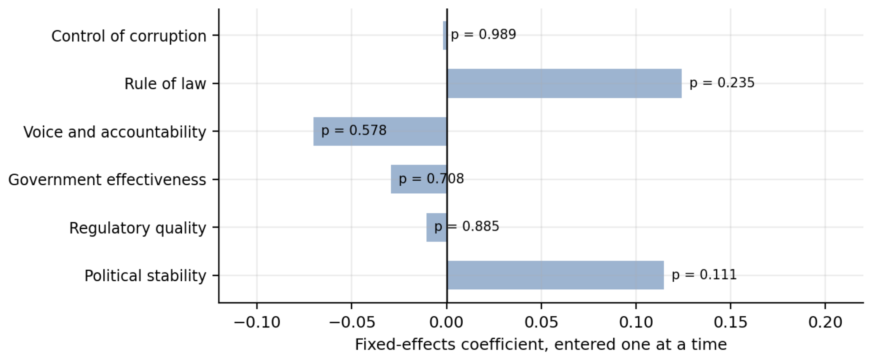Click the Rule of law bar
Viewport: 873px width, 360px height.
[x=564, y=83]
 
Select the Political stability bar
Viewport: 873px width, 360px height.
[x=555, y=275]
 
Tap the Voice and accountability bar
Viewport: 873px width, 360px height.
[x=380, y=131]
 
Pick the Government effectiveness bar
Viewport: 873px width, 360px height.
[x=419, y=179]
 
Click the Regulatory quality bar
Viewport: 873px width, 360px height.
[x=436, y=227]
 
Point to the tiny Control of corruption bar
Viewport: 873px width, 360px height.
[x=445, y=36]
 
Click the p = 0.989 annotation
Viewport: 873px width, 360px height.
[x=483, y=35]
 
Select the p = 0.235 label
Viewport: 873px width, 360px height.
[x=722, y=83]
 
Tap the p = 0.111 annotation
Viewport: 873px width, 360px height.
[x=704, y=275]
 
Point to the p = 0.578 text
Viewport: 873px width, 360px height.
[x=354, y=131]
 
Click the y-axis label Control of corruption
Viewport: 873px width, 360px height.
[x=129, y=36]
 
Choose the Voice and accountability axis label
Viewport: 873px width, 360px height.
[x=115, y=132]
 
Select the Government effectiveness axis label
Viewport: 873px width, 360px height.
[x=107, y=180]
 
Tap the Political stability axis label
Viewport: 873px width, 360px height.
[x=145, y=276]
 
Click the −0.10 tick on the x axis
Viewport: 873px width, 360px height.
[x=257, y=323]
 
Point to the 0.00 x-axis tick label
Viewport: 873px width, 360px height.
[x=447, y=323]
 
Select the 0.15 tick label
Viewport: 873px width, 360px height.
[x=730, y=323]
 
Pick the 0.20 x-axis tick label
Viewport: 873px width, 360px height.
[x=825, y=323]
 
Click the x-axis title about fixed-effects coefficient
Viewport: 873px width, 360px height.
[x=541, y=345]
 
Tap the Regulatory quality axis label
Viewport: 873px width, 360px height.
[x=138, y=228]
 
